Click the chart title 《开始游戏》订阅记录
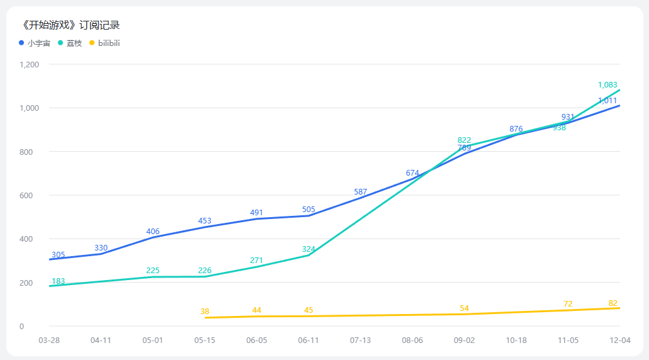(x=70, y=25)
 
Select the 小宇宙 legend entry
(x=38, y=43)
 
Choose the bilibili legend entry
(x=108, y=43)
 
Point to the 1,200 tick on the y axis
(x=30, y=65)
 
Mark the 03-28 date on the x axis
(x=49, y=340)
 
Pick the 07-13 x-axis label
(x=361, y=340)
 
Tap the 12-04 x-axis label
(x=620, y=340)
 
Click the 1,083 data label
(x=607, y=85)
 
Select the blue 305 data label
(x=58, y=255)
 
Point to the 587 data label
(x=361, y=192)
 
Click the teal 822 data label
(x=465, y=140)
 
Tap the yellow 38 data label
(x=205, y=312)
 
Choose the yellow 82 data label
(x=613, y=303)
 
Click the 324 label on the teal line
(x=308, y=249)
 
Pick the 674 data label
(x=412, y=173)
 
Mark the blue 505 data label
(x=308, y=210)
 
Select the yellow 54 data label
(x=465, y=308)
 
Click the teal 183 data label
(x=58, y=281)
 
